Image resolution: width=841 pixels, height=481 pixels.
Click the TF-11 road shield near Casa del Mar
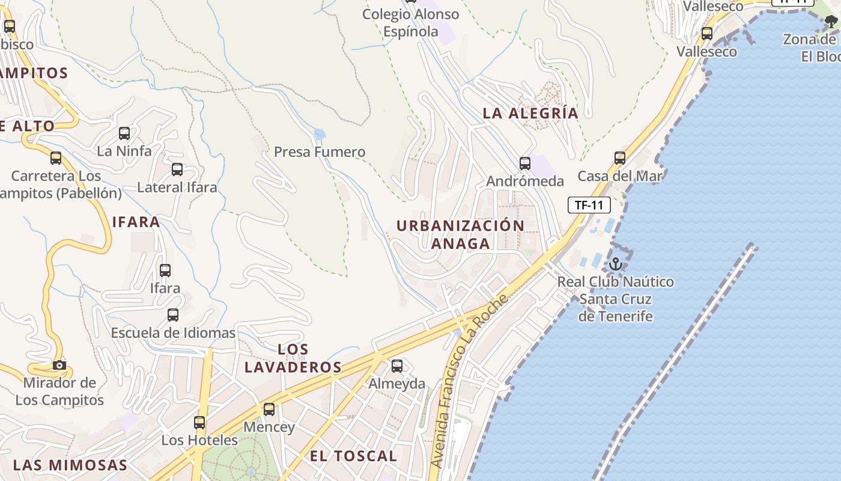(589, 205)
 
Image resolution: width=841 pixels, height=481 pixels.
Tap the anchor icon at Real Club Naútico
(615, 264)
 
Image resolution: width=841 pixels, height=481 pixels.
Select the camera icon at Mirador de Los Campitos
(59, 365)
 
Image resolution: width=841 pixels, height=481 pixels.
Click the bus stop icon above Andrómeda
(525, 163)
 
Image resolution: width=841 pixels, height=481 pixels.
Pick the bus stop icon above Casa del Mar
(620, 158)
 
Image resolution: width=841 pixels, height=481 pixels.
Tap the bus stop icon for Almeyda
(396, 366)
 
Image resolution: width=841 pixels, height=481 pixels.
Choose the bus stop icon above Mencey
(269, 409)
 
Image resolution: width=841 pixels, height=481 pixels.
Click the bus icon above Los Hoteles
(199, 423)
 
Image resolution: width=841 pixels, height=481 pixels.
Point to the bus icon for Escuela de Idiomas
(173, 315)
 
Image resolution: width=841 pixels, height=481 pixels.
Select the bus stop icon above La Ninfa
(124, 133)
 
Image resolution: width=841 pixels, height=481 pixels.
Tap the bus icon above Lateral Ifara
(177, 170)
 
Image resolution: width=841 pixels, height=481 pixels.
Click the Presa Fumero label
(320, 152)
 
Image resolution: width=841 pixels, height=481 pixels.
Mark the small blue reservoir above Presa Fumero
(320, 133)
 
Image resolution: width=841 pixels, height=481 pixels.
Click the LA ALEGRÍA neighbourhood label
(530, 113)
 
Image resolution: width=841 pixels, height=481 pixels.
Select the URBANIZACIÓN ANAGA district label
(460, 234)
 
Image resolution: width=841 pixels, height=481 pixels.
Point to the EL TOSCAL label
(353, 456)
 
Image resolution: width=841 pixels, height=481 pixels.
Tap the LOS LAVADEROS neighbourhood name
(293, 358)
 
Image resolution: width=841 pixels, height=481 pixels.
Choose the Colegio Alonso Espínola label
(411, 23)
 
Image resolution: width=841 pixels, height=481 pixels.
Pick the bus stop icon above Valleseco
(707, 34)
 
